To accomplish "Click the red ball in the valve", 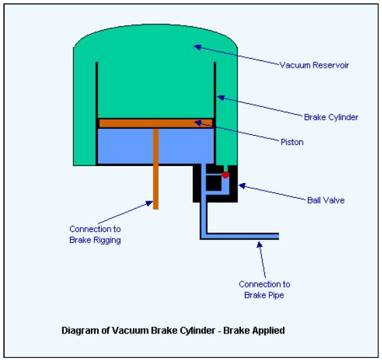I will [x=225, y=176].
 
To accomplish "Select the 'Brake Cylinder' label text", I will [x=330, y=117].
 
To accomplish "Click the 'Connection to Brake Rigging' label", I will [x=95, y=235].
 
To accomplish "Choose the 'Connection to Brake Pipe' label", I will [x=264, y=289].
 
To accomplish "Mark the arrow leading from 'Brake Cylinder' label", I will [x=258, y=107].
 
